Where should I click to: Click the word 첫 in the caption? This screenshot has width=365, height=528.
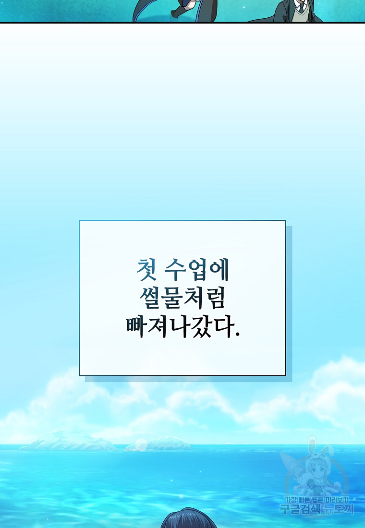click(146, 270)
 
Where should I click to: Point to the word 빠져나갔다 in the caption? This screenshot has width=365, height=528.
click(180, 326)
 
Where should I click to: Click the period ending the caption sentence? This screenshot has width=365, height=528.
click(237, 335)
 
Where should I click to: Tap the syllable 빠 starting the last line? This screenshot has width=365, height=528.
click(136, 326)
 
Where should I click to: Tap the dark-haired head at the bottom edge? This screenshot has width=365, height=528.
click(189, 518)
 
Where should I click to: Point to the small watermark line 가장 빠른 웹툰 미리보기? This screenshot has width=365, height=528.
click(317, 500)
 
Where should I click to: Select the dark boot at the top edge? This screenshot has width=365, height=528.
click(179, 14)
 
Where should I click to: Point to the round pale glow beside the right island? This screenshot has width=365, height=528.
click(141, 444)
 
